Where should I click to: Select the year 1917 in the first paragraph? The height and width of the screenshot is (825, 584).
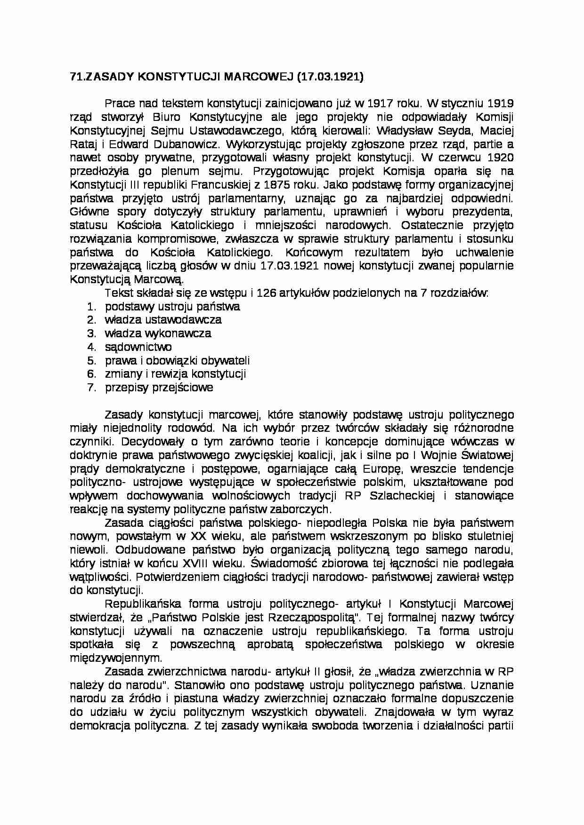[x=381, y=103]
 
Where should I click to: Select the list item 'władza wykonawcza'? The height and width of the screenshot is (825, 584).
[x=158, y=333]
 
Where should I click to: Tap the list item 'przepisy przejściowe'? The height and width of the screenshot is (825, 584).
[x=159, y=388]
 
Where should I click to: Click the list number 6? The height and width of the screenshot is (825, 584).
[x=90, y=374]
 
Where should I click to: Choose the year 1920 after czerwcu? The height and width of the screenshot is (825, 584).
[x=497, y=158]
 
